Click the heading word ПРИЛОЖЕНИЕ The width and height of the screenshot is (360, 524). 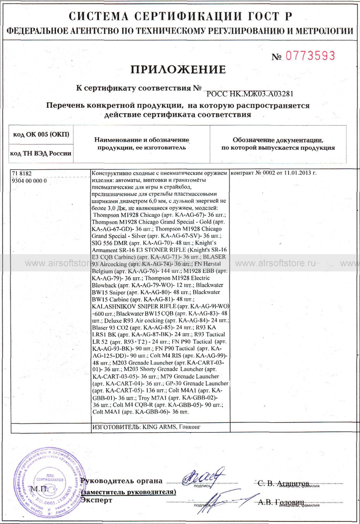pyautogui.click(x=179, y=69)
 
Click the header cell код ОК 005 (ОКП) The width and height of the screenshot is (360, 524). pyautogui.click(x=41, y=135)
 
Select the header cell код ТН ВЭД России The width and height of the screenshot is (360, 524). pyautogui.click(x=41, y=154)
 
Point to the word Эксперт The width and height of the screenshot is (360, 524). pyautogui.click(x=97, y=500)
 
